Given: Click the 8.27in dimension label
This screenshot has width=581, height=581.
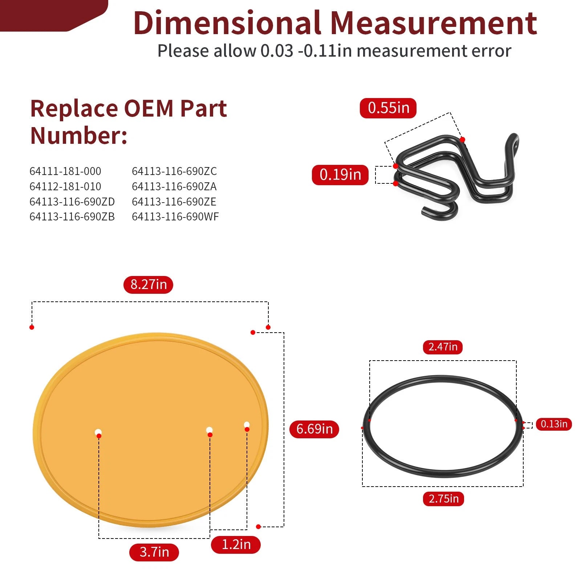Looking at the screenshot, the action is (148, 284).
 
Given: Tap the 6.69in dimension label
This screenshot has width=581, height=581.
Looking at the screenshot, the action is (314, 429).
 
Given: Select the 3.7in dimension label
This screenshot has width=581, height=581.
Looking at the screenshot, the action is (154, 552).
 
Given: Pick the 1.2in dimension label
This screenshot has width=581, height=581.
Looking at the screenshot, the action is (236, 544).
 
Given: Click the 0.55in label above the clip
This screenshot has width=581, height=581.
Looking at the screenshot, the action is (388, 108).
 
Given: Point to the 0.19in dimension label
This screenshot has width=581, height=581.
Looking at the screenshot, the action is (340, 175).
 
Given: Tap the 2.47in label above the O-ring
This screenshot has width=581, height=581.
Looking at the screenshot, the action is (443, 347).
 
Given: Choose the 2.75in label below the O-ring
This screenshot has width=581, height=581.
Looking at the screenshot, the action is (443, 499).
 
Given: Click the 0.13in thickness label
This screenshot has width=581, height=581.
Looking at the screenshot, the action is (554, 424).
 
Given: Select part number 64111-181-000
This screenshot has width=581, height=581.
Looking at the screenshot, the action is (65, 171).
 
